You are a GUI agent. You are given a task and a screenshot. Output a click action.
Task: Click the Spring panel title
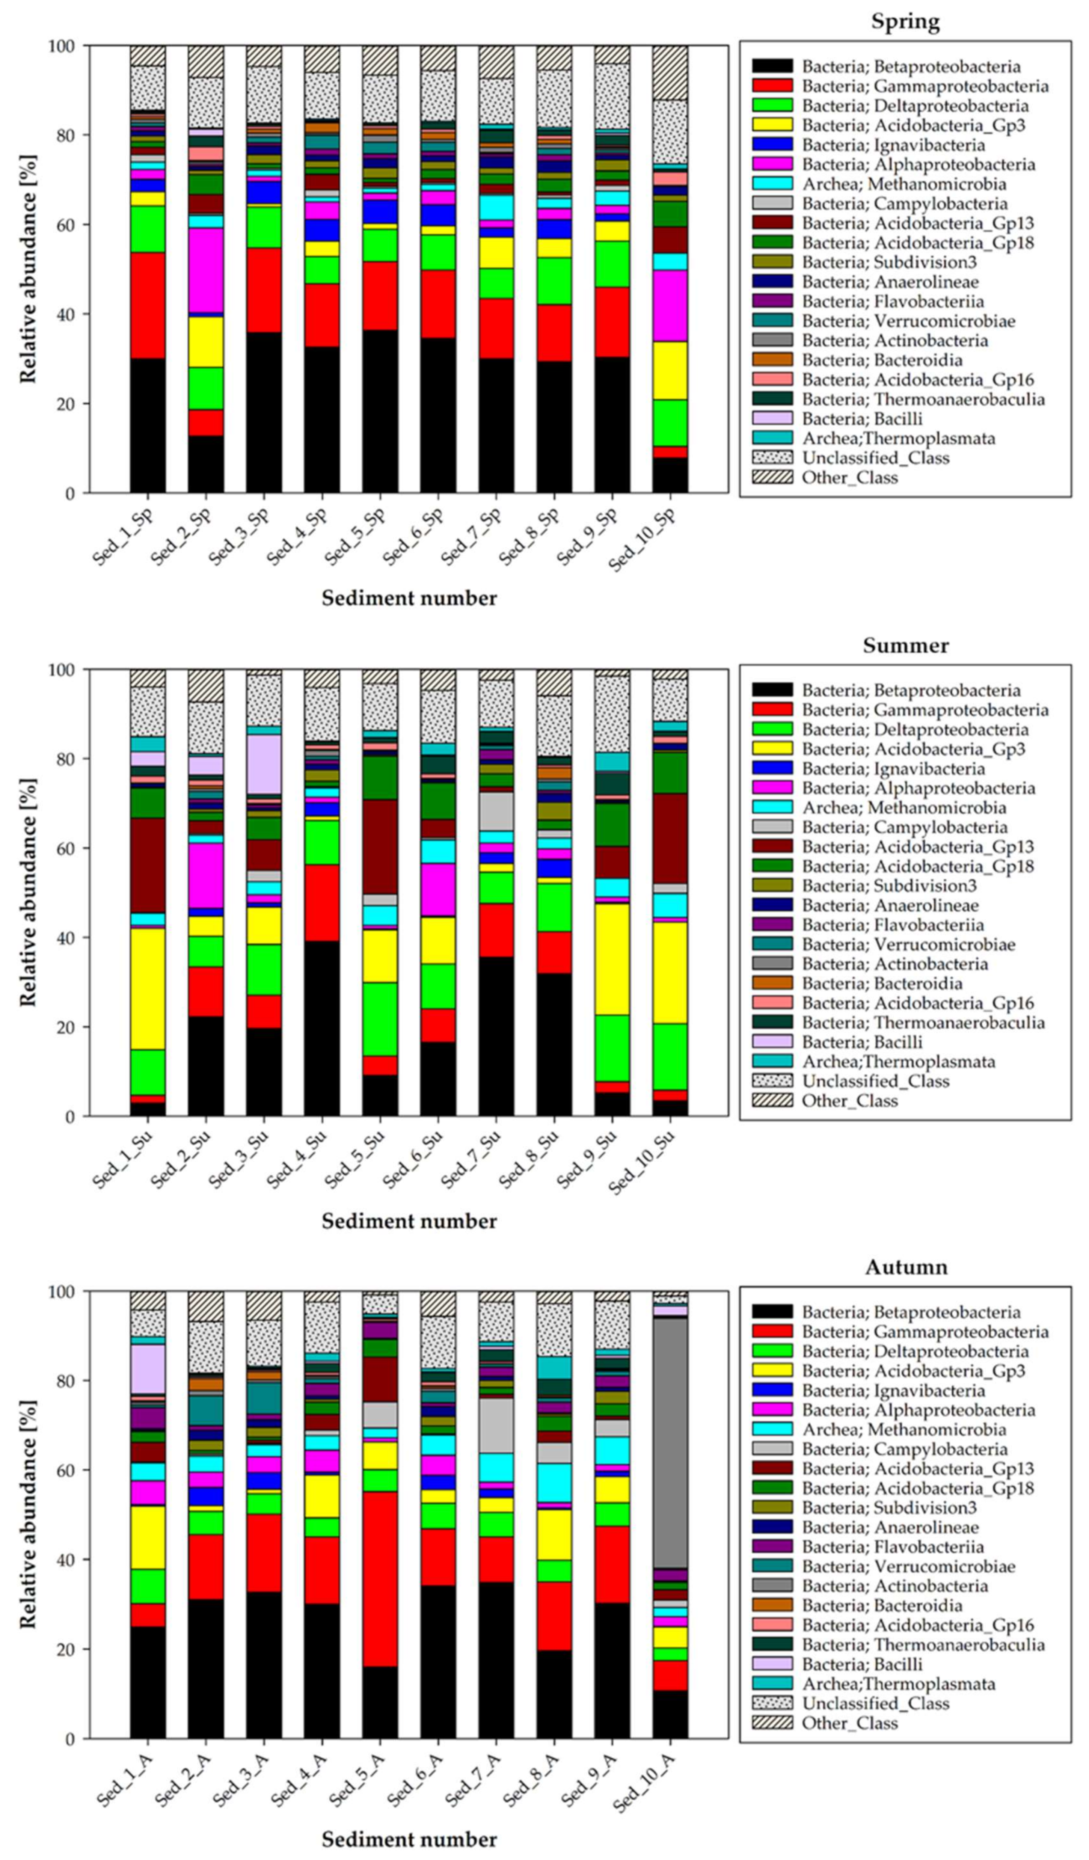click(905, 21)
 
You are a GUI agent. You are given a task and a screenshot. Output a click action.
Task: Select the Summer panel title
click(905, 645)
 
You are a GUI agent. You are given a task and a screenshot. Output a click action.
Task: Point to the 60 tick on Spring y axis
click(69, 225)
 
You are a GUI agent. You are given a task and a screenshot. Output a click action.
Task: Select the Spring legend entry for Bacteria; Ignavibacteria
click(893, 145)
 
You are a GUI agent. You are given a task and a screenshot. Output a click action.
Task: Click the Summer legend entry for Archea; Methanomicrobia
click(904, 807)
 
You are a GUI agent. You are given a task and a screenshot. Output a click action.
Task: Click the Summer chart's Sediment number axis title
click(409, 1221)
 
